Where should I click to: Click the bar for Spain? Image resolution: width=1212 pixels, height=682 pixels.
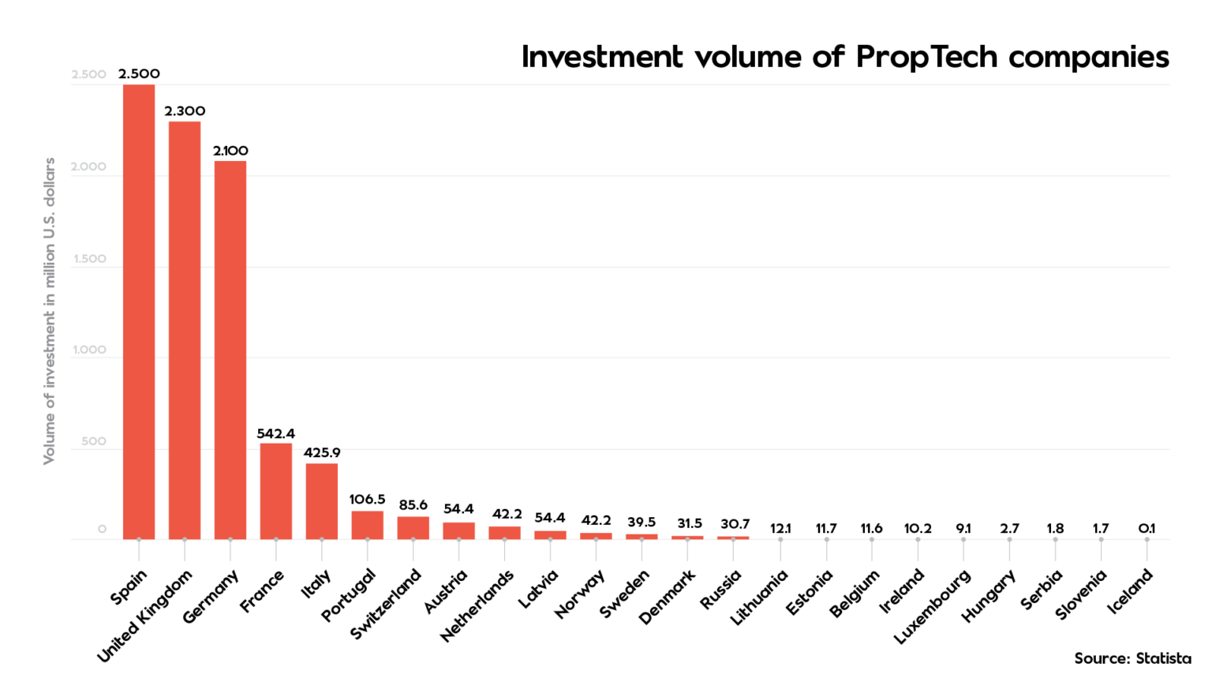[139, 312]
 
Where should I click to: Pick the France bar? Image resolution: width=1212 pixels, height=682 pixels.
[276, 491]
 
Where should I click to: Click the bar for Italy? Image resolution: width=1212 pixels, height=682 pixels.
[322, 501]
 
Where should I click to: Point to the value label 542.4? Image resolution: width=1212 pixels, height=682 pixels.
[276, 433]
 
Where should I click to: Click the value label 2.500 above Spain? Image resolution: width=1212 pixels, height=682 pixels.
[139, 73]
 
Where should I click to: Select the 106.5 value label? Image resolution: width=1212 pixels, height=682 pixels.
[368, 500]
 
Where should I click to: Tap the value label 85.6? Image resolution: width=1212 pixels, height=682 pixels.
[413, 505]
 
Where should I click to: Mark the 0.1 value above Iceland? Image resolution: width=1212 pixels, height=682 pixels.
[1147, 528]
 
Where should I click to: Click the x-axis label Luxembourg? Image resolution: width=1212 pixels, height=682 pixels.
[933, 606]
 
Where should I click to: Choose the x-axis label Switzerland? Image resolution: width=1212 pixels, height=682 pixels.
[386, 604]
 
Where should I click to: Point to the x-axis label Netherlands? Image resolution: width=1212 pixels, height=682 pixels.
[477, 605]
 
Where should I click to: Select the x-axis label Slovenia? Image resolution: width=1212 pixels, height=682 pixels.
[1081, 594]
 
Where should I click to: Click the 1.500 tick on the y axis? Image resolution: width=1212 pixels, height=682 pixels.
[89, 259]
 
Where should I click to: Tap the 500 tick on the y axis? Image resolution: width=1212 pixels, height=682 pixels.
[93, 441]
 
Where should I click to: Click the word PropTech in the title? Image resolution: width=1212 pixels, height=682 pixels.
[927, 57]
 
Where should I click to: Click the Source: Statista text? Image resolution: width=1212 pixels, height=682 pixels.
[1132, 658]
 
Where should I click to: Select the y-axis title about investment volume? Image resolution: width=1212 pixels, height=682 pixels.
[49, 311]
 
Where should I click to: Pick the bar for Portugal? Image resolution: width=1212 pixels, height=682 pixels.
[368, 525]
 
